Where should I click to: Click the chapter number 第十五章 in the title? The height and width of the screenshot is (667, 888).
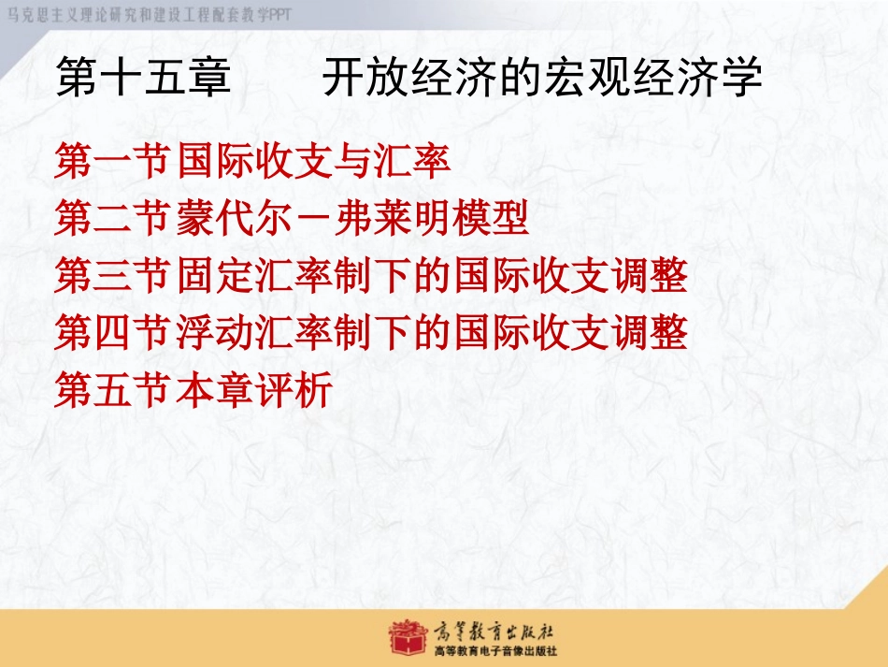[144, 77]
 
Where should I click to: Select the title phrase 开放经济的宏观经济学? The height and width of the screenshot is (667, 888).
[542, 77]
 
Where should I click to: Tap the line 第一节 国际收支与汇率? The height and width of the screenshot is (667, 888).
[252, 161]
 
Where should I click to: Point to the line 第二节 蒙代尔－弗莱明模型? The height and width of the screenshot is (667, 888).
[292, 218]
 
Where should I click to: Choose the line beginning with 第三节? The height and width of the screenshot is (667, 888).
[371, 275]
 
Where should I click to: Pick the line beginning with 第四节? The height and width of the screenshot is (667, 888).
[371, 332]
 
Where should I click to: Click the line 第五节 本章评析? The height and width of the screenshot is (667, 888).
[193, 389]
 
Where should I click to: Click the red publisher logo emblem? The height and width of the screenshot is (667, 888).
[408, 637]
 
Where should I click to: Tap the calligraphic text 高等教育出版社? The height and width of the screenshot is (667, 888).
[494, 631]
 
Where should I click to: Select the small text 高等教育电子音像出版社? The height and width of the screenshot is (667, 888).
[495, 650]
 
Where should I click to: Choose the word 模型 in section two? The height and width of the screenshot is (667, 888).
[490, 218]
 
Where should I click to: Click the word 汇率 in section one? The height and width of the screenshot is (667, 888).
[411, 161]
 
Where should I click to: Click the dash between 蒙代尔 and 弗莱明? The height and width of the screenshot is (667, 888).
[313, 219]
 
